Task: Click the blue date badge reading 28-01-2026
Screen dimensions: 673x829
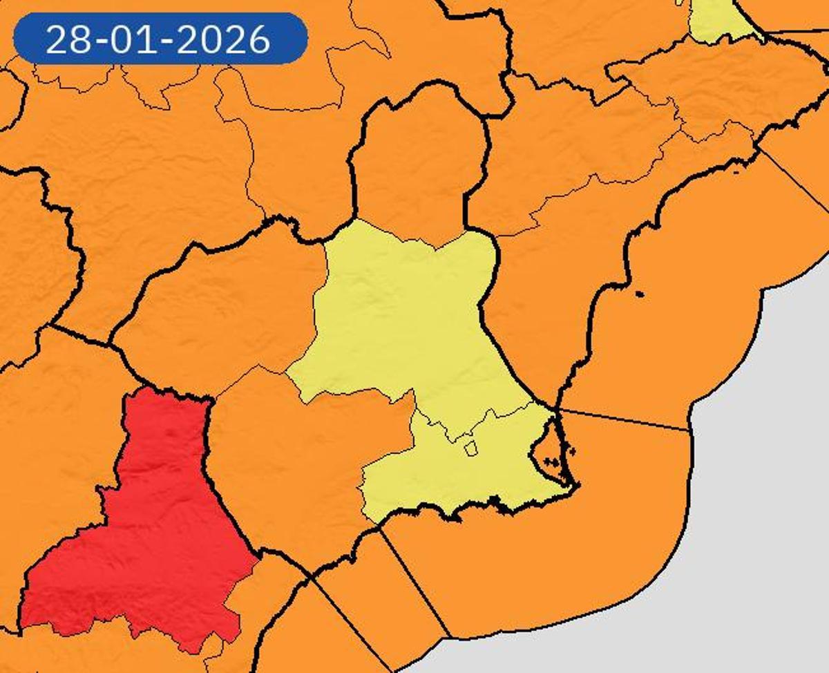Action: (160, 39)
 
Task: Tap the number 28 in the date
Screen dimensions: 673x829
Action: (65, 40)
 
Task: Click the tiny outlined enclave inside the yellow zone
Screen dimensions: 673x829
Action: (470, 449)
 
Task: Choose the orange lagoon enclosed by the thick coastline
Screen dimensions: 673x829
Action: (549, 449)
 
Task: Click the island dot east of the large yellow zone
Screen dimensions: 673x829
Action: (639, 294)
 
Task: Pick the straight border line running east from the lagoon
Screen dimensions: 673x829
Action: (622, 419)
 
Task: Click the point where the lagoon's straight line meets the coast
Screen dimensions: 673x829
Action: (689, 430)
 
